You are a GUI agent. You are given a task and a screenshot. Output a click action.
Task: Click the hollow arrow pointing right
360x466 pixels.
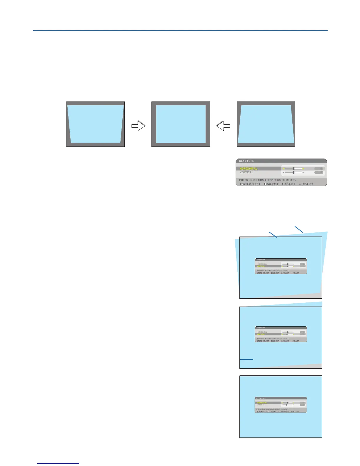[x=138, y=126]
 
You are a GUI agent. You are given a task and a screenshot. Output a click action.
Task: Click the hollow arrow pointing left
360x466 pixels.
[x=223, y=126]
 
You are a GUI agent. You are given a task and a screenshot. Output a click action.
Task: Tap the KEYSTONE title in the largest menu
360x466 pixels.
[x=246, y=161]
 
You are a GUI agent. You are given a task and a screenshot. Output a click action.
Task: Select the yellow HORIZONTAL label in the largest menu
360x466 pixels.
[x=248, y=169]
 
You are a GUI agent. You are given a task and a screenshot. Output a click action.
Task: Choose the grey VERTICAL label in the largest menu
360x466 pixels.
[x=246, y=172]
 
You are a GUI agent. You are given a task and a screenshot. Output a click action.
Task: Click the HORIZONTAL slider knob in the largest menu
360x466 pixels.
[x=294, y=169]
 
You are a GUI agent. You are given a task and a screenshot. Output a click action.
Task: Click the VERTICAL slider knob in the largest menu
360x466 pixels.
[x=294, y=172]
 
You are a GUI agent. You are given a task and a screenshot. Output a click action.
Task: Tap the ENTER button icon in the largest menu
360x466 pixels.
[x=244, y=184]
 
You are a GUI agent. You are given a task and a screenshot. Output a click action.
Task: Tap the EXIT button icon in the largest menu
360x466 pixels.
[x=267, y=184]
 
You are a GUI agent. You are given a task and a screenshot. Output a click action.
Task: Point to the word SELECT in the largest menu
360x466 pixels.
[x=255, y=184]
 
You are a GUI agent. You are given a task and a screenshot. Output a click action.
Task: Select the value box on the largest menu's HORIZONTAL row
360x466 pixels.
[x=319, y=169]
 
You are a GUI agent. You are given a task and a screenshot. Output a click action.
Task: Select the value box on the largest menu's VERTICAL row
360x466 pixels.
[x=319, y=172]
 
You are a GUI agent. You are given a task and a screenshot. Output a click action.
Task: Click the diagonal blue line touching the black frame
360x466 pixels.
[x=273, y=234]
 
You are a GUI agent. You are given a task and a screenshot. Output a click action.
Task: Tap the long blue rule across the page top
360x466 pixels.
[x=180, y=30]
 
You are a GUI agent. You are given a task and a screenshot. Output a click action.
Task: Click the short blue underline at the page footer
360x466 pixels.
[x=58, y=463]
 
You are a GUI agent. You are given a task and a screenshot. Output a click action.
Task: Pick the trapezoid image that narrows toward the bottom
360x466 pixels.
[x=95, y=124]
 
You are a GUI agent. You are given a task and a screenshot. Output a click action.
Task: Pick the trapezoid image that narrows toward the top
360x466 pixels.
[x=266, y=124]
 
